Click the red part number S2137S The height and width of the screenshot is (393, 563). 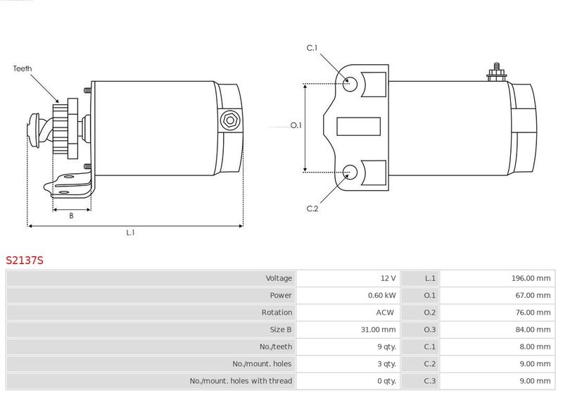coord(25,260)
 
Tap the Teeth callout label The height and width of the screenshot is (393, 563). coord(23,68)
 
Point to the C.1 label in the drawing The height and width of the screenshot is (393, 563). coord(312,48)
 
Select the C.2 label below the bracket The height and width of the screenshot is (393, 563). coord(312,208)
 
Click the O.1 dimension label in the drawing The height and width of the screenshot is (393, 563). coord(296,125)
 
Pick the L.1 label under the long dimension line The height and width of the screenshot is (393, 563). coord(130,232)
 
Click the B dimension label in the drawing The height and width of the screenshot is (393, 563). coord(71,216)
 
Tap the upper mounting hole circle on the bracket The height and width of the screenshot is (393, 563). coord(350,84)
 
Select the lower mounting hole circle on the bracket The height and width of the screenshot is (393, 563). coord(350,172)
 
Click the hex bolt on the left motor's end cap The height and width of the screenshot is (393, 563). coord(230,120)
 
